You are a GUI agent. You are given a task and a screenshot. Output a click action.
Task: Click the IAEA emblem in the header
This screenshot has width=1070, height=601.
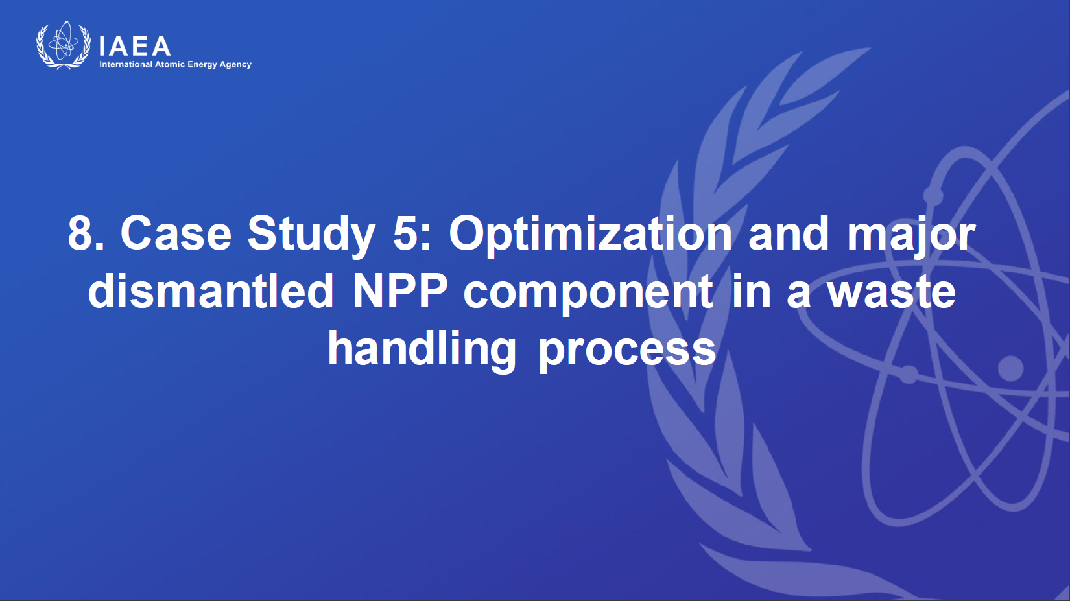[x=64, y=45]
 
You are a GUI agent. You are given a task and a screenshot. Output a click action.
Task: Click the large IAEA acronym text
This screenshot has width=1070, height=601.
[x=135, y=46]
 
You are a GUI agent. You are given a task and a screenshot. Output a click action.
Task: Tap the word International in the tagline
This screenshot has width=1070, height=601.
[x=126, y=64]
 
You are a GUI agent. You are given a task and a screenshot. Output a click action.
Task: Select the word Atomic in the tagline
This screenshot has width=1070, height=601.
[x=169, y=64]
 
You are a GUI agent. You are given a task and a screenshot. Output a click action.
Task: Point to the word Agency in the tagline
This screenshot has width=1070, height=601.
[x=235, y=65]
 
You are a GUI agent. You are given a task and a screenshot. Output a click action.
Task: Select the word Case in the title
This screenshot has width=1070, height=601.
[x=176, y=233]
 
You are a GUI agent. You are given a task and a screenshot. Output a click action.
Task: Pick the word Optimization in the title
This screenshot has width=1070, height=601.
[x=590, y=235]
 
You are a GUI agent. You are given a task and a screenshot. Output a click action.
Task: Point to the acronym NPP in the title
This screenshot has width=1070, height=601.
[x=400, y=291]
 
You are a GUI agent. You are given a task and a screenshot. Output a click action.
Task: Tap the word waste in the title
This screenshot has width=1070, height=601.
[x=892, y=293]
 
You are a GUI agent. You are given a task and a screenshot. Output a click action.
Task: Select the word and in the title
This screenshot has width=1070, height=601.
[x=789, y=233]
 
